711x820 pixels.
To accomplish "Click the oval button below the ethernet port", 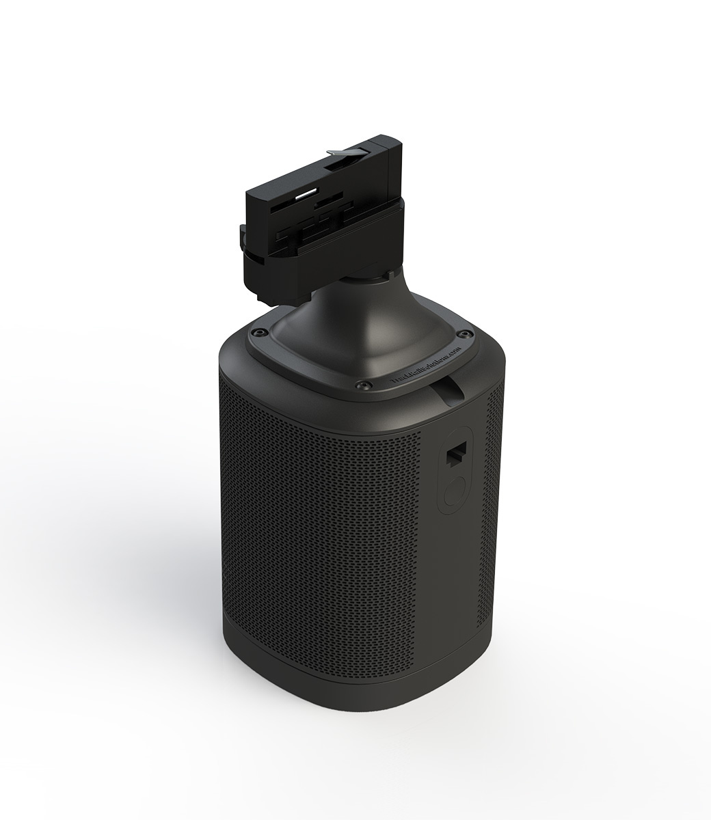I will click(454, 493).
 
